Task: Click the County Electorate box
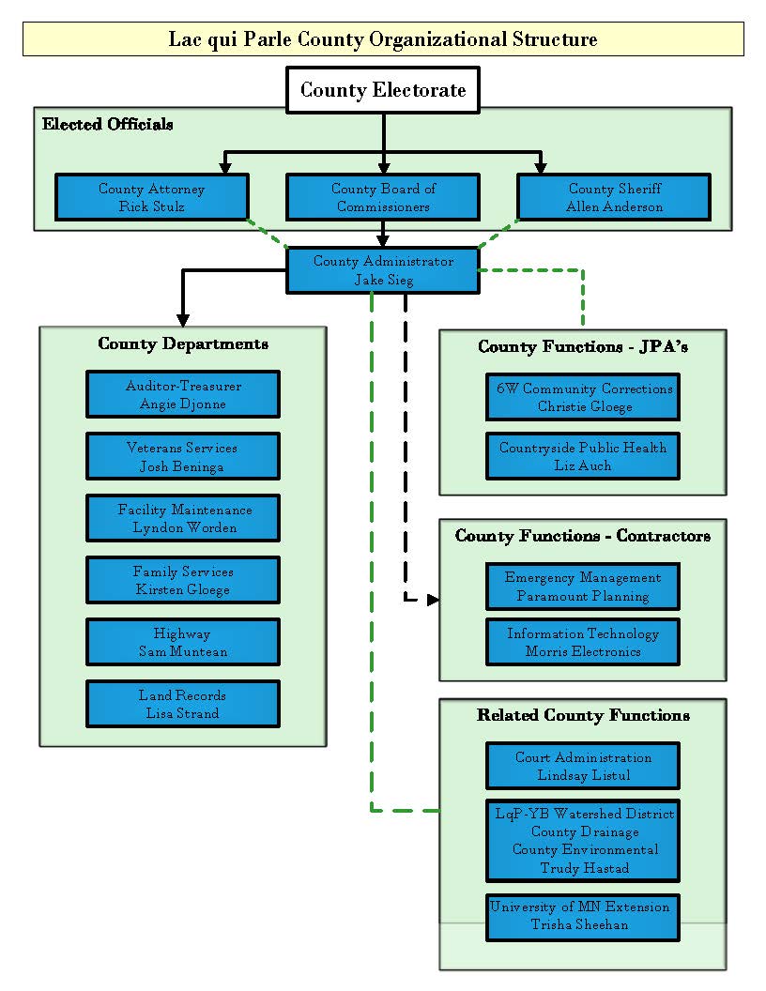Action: (x=382, y=90)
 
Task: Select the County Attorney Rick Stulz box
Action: (x=152, y=197)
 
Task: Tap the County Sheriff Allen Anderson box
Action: (x=614, y=197)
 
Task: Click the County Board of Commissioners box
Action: (x=382, y=197)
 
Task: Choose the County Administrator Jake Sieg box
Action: (x=382, y=270)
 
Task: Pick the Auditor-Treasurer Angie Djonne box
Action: (x=183, y=394)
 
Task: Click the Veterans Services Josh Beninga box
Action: (x=183, y=456)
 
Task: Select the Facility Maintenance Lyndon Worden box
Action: (x=183, y=518)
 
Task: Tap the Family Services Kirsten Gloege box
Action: (x=183, y=580)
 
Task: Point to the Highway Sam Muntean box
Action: (x=183, y=642)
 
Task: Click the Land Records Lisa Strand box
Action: (x=183, y=704)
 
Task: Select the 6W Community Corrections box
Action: (x=583, y=397)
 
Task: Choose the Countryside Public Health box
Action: (x=583, y=456)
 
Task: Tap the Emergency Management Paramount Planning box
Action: (x=583, y=587)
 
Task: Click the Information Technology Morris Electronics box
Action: (x=583, y=642)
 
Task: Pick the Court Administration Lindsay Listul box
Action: (x=583, y=766)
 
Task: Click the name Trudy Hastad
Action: (x=584, y=868)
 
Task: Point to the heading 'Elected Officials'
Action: (x=108, y=124)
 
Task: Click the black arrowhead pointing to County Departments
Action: (x=182, y=318)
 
